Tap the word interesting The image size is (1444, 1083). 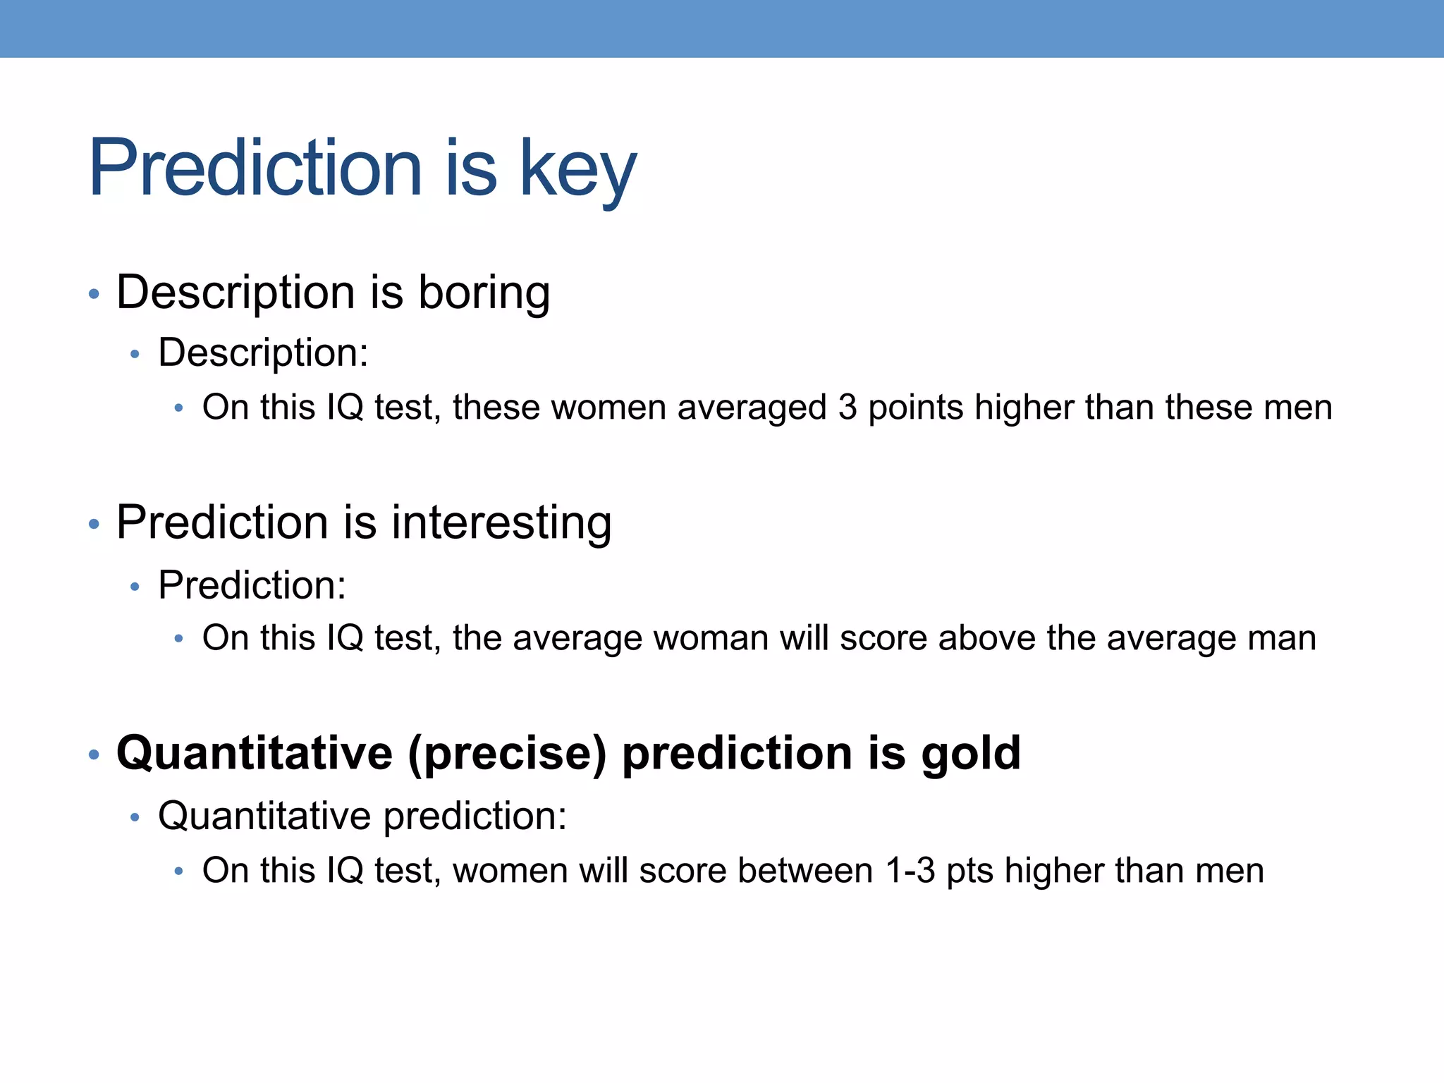click(x=501, y=522)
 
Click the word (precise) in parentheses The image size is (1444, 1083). click(x=507, y=753)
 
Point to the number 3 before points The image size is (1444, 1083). click(x=848, y=408)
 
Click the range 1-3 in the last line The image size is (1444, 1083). click(x=910, y=870)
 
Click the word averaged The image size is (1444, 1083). click(x=752, y=408)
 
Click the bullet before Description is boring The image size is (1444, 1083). click(x=94, y=294)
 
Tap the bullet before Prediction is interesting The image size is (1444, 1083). click(x=94, y=524)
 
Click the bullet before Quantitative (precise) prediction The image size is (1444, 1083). click(x=94, y=755)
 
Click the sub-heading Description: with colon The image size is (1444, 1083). click(x=263, y=353)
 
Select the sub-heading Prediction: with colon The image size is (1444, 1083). click(x=252, y=585)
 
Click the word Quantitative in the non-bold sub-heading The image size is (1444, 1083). click(x=264, y=816)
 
